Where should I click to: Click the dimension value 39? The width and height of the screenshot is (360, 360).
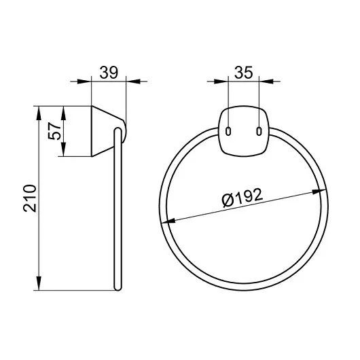[109, 72]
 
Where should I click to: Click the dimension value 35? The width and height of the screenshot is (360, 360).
[243, 72]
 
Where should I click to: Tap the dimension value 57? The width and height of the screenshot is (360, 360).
[54, 131]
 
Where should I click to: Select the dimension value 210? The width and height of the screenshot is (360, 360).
[30, 198]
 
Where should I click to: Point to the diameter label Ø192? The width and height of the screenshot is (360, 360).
[242, 198]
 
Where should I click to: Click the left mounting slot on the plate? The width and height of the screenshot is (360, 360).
[228, 131]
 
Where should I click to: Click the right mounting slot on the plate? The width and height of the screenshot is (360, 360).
[259, 131]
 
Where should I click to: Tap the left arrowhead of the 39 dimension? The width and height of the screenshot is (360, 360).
[84, 82]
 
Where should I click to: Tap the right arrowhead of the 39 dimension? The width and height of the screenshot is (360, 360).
[133, 82]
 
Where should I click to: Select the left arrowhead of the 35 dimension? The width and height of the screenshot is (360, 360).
[221, 82]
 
